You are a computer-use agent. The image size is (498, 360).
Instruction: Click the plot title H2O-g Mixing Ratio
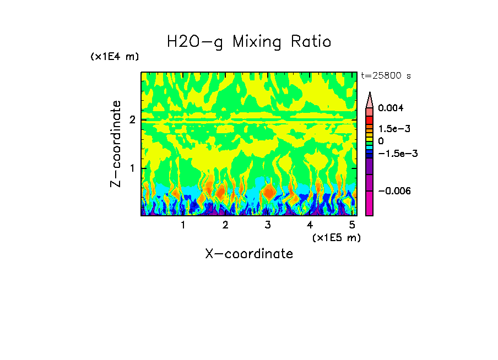pos(249,42)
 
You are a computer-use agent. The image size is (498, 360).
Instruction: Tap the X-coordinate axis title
pos(249,254)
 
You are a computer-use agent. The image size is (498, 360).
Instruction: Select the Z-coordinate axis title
pos(116,144)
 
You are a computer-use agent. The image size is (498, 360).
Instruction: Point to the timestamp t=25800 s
pos(386,76)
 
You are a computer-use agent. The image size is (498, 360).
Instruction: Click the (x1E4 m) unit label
pos(115,57)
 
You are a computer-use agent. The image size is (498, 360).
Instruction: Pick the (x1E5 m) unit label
pos(336,237)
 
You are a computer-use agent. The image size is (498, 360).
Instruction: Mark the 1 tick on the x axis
pos(183,225)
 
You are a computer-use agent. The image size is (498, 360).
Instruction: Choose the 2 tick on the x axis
pos(225,225)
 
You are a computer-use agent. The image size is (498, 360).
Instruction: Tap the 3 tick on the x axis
pos(268,225)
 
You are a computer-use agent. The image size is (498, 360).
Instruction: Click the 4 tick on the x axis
pos(310,225)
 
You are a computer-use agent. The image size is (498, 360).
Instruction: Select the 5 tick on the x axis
pos(353,225)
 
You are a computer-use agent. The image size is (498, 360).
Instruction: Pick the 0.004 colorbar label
pos(391,108)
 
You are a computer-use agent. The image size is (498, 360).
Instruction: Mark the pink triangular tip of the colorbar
pos(370,100)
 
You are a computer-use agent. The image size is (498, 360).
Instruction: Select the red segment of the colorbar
pos(370,120)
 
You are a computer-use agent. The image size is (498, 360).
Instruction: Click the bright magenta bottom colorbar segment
pos(370,204)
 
